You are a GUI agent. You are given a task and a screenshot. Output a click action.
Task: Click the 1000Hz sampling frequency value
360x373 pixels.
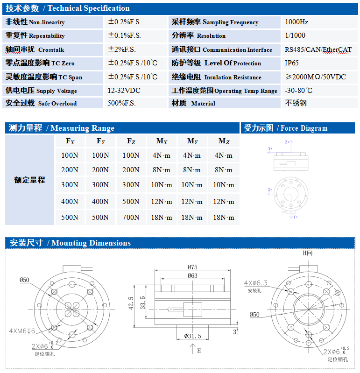tap(296, 22)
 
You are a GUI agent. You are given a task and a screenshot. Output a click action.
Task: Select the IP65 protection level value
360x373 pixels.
tap(292, 63)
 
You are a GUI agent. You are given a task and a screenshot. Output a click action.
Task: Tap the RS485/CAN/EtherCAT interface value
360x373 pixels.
tap(318, 49)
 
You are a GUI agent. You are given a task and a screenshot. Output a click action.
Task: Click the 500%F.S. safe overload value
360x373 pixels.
tap(121, 103)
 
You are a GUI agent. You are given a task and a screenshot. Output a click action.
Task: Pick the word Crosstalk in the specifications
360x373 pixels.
tap(51, 49)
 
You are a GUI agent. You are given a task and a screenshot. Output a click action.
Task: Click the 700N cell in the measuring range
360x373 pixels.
tap(131, 217)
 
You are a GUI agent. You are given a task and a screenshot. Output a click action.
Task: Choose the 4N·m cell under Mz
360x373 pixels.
tap(223, 155)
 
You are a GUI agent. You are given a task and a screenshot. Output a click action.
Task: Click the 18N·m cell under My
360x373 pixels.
tap(192, 217)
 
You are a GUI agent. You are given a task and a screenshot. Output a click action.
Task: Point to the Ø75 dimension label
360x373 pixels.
tap(192, 267)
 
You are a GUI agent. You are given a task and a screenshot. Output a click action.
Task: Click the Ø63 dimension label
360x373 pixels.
tap(192, 275)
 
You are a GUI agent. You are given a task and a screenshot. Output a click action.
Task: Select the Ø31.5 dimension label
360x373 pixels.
tap(192, 336)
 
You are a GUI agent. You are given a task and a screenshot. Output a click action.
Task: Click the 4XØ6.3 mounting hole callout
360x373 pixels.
tap(256, 283)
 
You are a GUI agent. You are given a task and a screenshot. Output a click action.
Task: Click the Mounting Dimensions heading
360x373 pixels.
tap(91, 243)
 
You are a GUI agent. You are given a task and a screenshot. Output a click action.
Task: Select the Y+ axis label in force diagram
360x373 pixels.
tap(296, 217)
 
